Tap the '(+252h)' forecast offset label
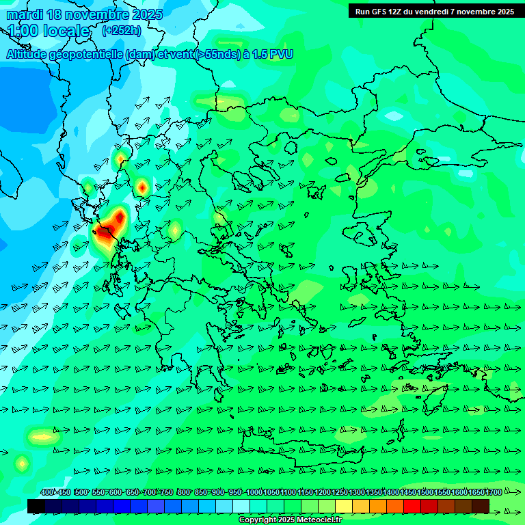121,30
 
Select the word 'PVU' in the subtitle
280,54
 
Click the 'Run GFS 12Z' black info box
434,11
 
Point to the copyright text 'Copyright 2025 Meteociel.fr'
290,520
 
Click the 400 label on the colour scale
47,492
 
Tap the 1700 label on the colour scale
494,492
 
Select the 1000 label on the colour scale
254,492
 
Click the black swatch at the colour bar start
36,506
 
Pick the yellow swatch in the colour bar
344,506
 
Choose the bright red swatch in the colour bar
412,506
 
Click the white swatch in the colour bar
241,506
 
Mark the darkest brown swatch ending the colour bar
481,506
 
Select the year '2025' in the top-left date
144,14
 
